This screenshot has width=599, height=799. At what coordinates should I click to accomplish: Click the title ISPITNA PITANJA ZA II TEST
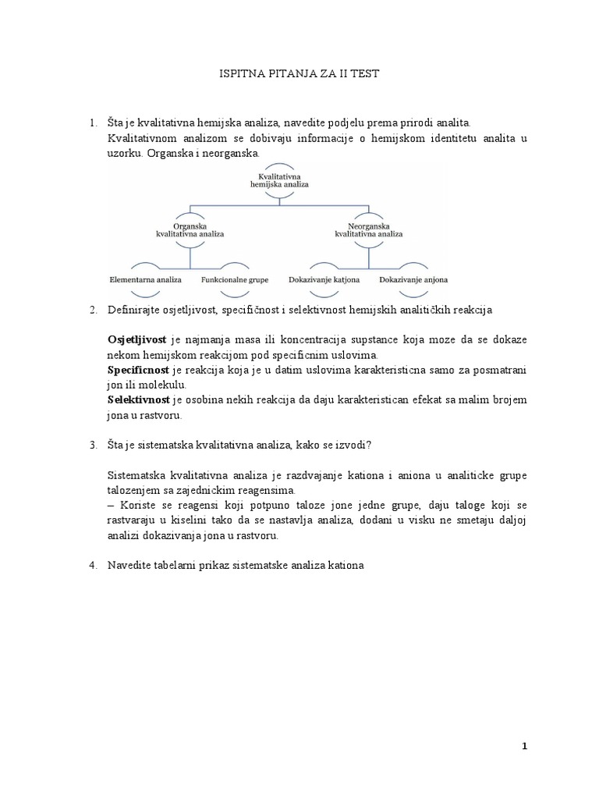point(299,73)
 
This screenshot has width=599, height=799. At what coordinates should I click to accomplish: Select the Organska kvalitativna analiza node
point(189,229)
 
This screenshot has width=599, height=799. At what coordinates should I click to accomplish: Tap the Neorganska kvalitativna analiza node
point(368,229)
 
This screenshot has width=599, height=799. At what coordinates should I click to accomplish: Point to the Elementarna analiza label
point(144,279)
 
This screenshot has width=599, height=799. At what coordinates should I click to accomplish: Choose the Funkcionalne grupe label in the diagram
point(235,279)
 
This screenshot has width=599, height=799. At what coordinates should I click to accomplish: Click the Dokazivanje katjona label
point(324,279)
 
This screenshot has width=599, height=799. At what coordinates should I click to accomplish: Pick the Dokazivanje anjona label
point(413,279)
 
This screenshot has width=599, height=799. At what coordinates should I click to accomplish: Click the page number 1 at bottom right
point(525,747)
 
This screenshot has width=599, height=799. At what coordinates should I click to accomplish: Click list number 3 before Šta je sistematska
point(92,445)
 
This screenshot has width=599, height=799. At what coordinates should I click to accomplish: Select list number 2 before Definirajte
point(92,311)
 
